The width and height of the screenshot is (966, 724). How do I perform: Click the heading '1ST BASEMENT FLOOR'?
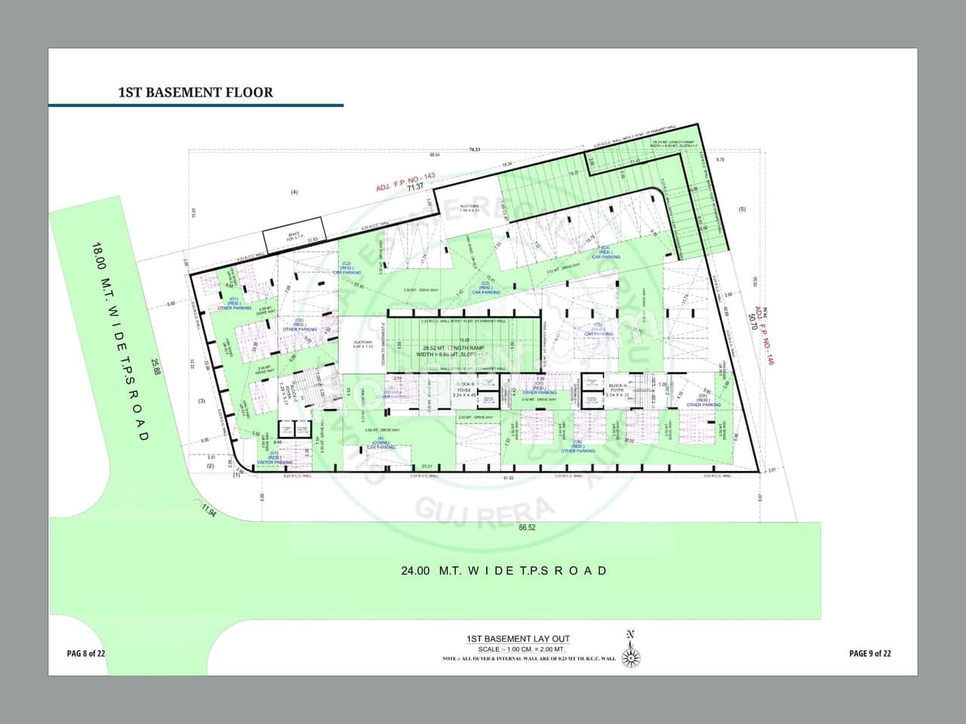[195, 92]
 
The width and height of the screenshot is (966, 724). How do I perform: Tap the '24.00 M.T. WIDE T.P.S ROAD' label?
[504, 571]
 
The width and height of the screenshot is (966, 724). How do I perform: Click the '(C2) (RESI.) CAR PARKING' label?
[347, 268]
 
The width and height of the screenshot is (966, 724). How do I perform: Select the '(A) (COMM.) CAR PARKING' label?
[381, 444]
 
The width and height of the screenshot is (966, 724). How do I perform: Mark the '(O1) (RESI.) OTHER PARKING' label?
[235, 303]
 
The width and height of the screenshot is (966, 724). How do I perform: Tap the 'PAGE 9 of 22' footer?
[869, 653]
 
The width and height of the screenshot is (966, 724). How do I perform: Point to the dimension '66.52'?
[527, 528]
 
